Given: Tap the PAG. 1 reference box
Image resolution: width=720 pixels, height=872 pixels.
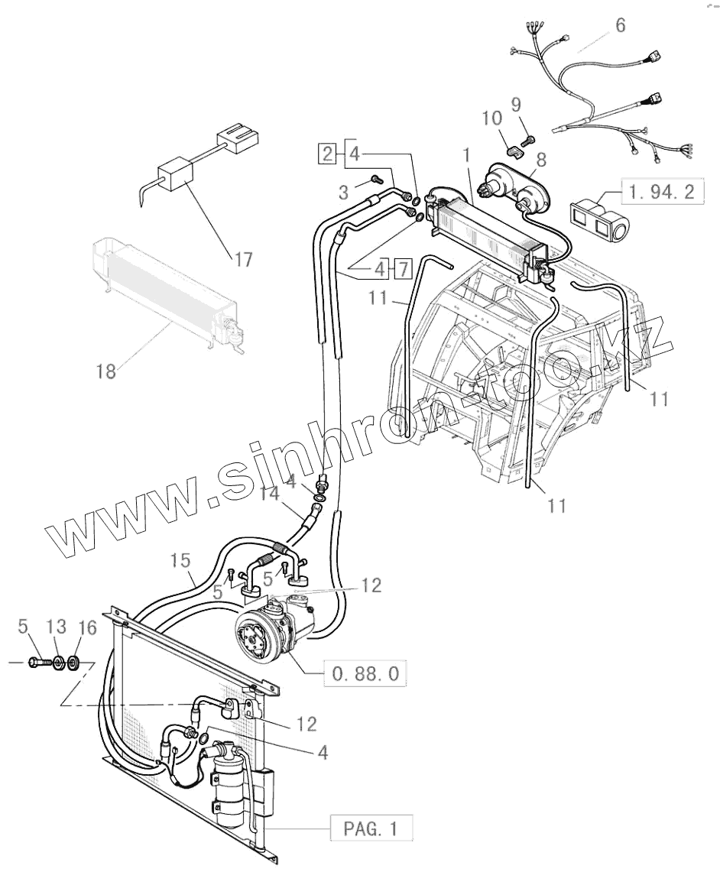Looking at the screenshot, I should pyautogui.click(x=371, y=828).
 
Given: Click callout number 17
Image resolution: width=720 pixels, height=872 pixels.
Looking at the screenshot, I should pyautogui.click(x=243, y=260).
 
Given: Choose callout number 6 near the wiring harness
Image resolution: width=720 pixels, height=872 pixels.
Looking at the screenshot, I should pyautogui.click(x=620, y=25).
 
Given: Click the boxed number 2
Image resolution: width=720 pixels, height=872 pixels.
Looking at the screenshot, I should pyautogui.click(x=327, y=152).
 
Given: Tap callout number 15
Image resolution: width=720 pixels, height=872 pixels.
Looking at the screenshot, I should pyautogui.click(x=180, y=561).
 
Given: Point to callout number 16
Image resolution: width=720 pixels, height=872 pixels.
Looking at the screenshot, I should pyautogui.click(x=89, y=627).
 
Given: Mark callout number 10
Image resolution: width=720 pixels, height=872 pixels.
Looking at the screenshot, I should pyautogui.click(x=491, y=118).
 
